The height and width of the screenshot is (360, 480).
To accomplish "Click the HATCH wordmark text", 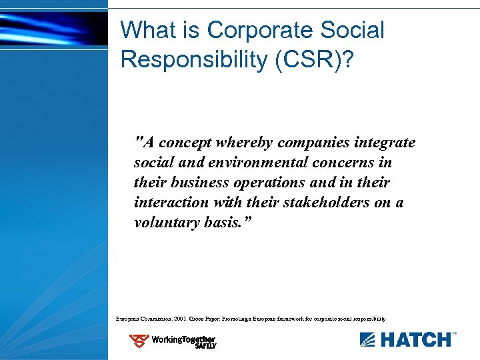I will coord(414,340).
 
